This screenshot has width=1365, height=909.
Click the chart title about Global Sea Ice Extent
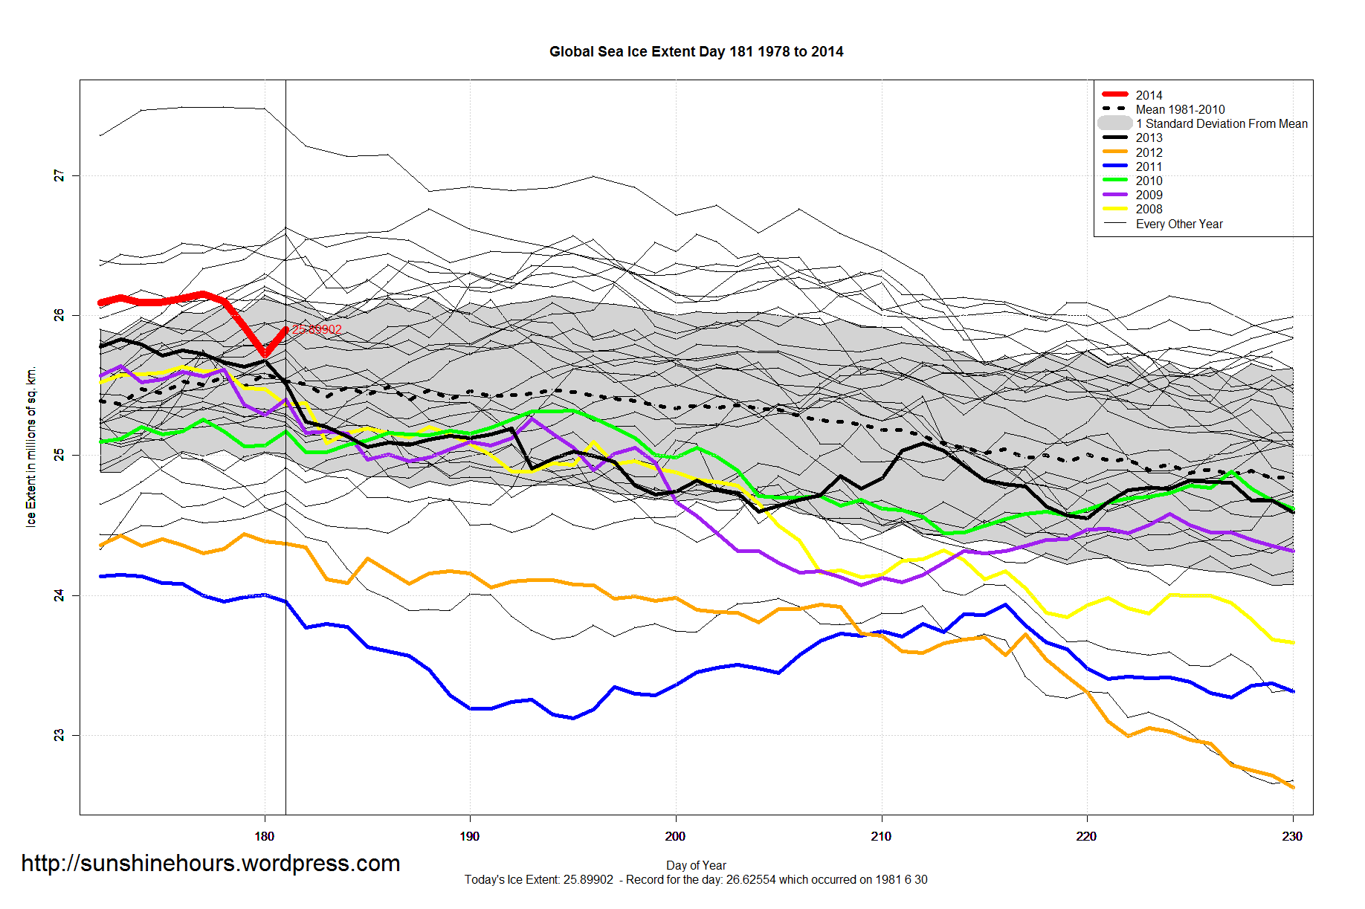696,52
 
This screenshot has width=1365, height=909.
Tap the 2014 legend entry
1149,95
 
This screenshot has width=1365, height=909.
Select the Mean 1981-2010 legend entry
1180,109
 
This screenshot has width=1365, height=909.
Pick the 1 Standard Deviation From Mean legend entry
1221,123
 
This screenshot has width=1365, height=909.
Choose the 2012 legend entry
1149,152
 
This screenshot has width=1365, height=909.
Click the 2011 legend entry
1149,166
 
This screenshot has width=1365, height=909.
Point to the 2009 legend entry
1149,195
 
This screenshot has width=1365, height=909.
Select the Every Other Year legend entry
1178,224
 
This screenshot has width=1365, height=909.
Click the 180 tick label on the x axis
264,836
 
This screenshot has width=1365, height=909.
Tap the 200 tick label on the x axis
675,836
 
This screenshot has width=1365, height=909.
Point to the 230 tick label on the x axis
1292,836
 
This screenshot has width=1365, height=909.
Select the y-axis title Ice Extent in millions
31,447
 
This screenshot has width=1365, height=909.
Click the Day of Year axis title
696,865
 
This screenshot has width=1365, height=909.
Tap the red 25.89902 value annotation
317,330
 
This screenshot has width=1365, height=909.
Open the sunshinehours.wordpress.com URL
210,863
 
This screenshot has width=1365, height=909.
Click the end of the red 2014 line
285,329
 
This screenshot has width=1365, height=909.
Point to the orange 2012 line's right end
1293,787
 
